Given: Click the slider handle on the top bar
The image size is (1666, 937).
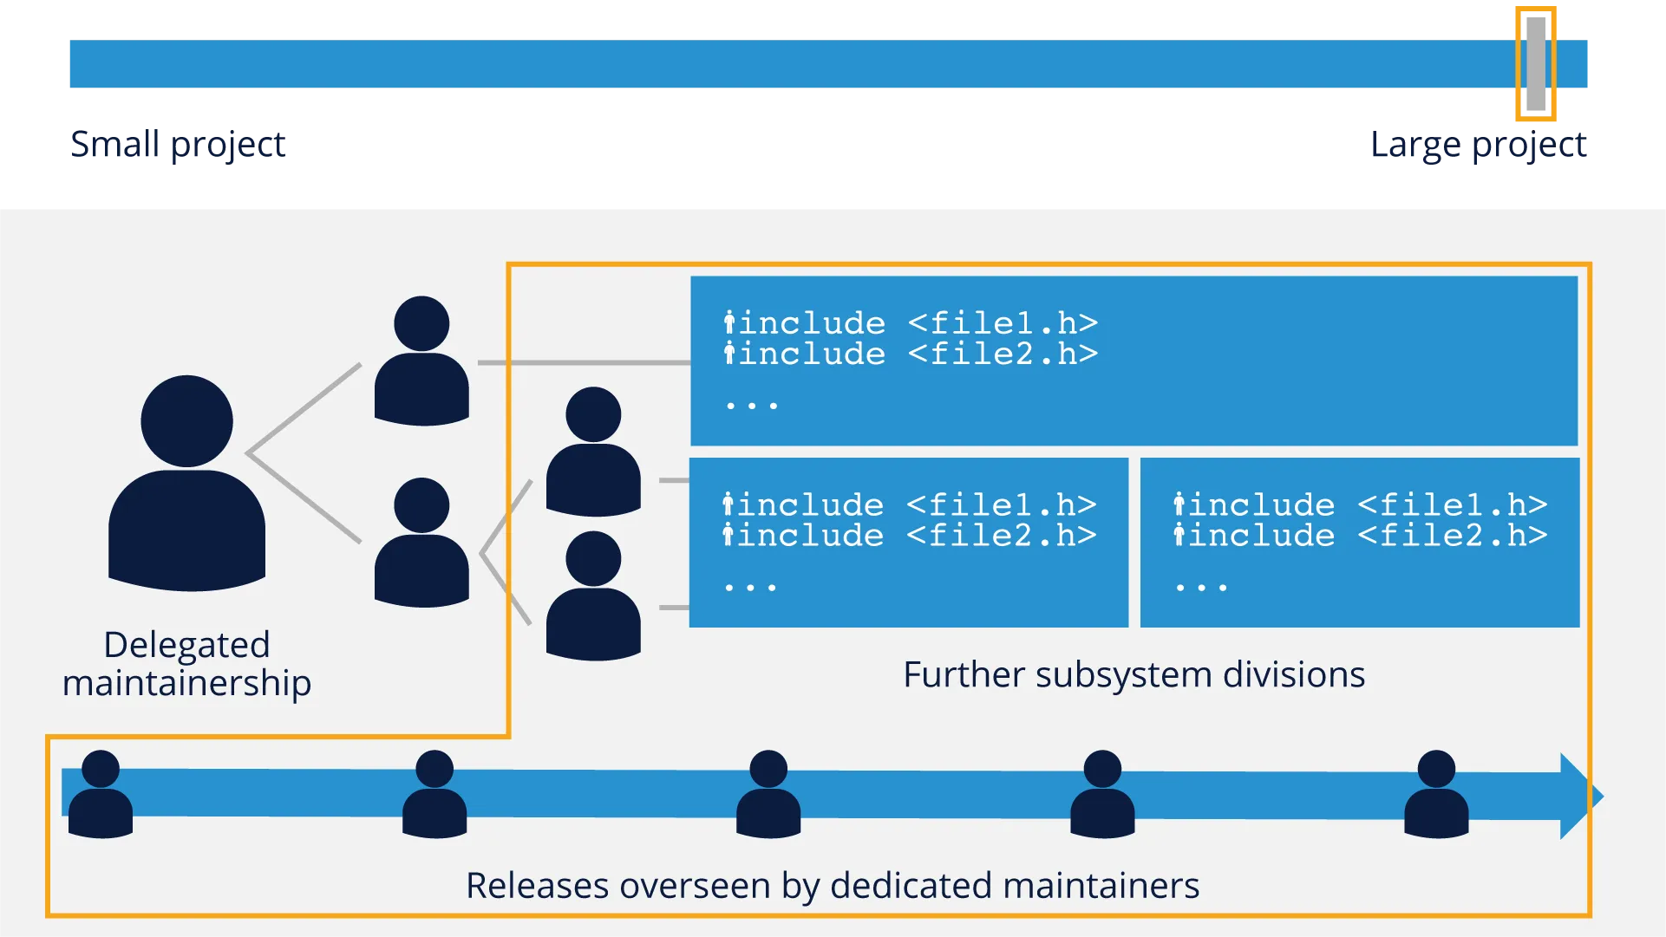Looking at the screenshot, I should tap(1536, 63).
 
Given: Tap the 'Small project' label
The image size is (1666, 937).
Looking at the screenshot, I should tap(180, 144).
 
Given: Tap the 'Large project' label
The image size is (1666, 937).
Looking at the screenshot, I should tap(1477, 144).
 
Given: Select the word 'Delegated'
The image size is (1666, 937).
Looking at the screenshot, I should tap(186, 645).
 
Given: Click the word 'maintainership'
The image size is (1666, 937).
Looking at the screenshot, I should tap(186, 683).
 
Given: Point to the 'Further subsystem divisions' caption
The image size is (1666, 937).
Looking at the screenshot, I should tap(1134, 674).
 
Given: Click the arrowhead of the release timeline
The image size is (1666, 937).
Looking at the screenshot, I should tap(1578, 796).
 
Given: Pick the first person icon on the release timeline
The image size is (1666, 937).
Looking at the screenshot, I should tap(101, 794).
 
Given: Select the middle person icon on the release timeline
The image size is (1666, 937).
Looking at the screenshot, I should tap(768, 794).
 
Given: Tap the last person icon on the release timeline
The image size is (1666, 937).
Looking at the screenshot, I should tap(1436, 794).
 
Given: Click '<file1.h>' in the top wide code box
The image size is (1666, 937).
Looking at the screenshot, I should tap(1003, 323).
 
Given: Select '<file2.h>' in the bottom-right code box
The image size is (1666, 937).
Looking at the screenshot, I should tap(1453, 536).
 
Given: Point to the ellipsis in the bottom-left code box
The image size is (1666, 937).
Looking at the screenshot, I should tap(751, 588).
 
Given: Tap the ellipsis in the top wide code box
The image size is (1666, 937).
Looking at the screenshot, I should tap(752, 406).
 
